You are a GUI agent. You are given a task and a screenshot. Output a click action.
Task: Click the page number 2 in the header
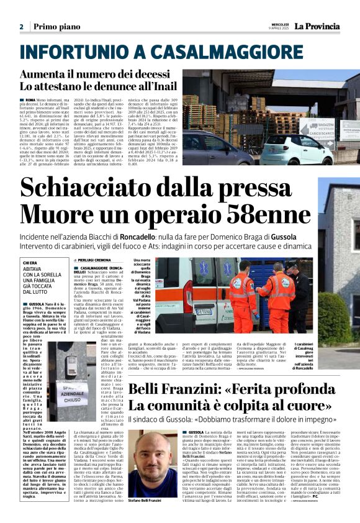[x=21, y=27]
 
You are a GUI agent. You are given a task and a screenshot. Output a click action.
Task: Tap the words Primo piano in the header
[x=56, y=27]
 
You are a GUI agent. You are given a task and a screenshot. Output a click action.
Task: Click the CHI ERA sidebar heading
[x=30, y=245]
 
